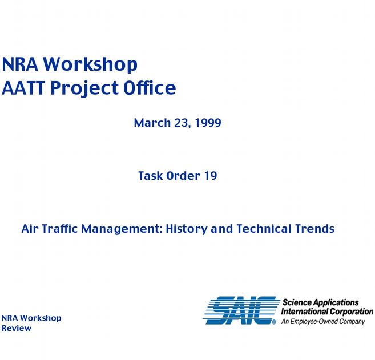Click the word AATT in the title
(x=23, y=88)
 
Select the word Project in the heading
(x=84, y=89)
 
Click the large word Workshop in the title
(x=90, y=64)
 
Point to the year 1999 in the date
(x=208, y=123)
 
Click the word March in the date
(x=152, y=123)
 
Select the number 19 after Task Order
(x=211, y=176)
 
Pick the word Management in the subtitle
(x=122, y=229)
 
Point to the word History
(x=187, y=229)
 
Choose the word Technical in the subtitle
(x=264, y=229)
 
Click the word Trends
(x=314, y=229)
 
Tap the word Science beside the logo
(x=297, y=302)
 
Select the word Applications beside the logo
(x=336, y=303)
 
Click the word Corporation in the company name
(x=352, y=312)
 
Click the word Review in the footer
(x=17, y=328)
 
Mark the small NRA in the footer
(x=10, y=318)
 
